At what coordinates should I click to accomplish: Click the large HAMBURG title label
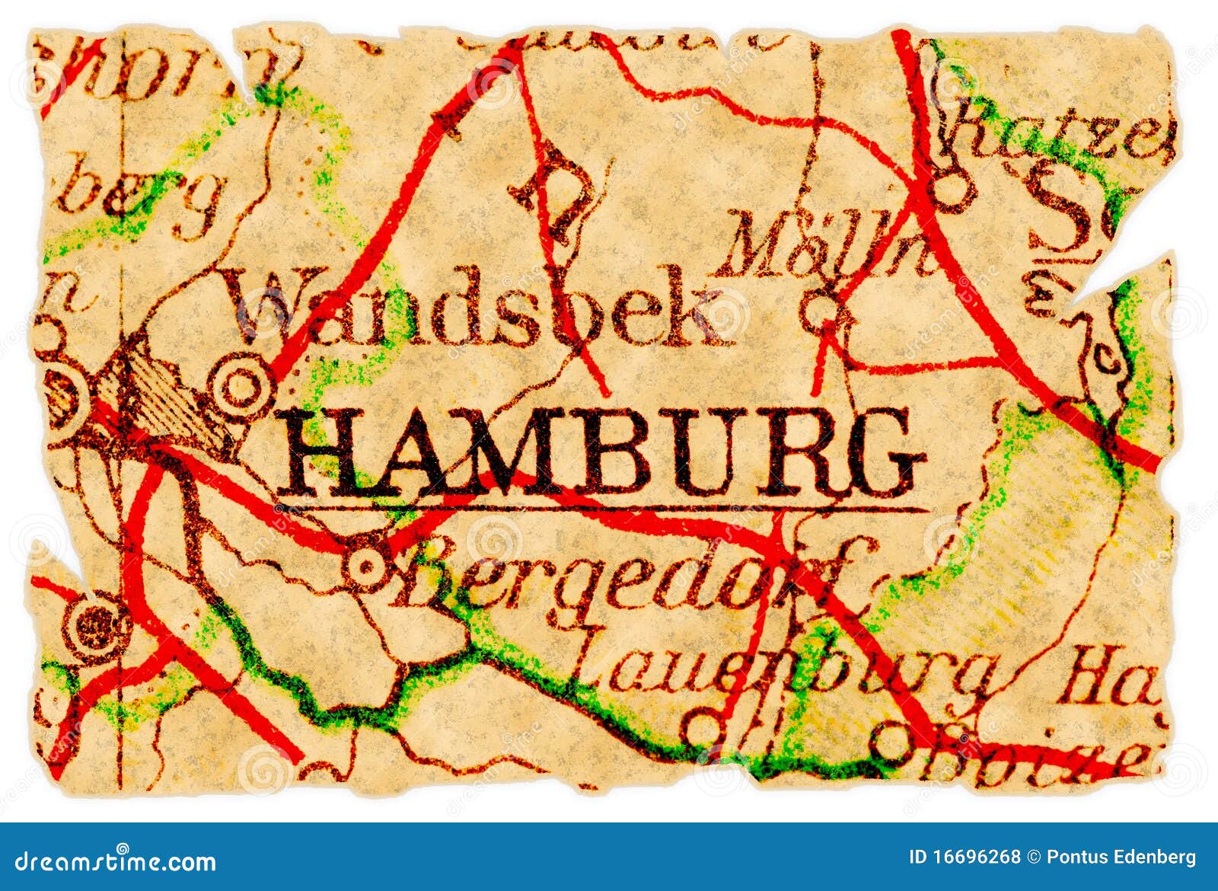coord(601,453)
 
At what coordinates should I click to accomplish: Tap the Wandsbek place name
coord(476,308)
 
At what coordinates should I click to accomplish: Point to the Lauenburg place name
coord(784,670)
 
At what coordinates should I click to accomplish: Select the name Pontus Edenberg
coord(1121,857)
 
